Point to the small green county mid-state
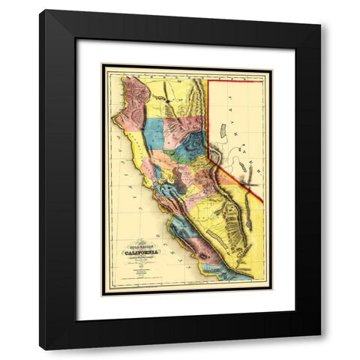pos(172,157)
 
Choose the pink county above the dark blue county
pos(188,124)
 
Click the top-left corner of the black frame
pos(42,12)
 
